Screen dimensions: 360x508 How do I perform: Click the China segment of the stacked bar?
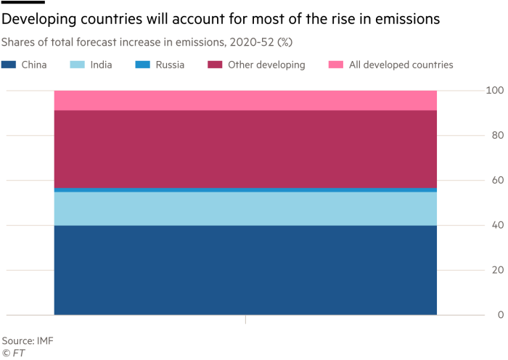point(245,270)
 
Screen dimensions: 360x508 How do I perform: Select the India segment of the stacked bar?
point(245,208)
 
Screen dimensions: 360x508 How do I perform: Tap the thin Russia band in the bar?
point(245,189)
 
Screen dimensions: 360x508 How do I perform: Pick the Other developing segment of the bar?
point(245,149)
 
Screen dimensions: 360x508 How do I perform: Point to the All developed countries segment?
point(245,100)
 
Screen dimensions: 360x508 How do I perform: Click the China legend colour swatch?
point(9,65)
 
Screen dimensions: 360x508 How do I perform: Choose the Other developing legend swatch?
point(214,65)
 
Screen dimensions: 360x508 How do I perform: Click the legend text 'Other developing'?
point(266,65)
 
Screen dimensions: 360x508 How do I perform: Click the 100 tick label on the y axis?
point(494,91)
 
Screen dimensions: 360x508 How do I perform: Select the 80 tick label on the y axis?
point(496,136)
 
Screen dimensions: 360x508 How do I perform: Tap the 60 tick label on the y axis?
point(496,181)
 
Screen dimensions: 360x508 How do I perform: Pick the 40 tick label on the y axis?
point(496,225)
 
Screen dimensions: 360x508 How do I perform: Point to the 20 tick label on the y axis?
point(496,270)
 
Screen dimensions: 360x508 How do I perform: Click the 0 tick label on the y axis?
point(499,315)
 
